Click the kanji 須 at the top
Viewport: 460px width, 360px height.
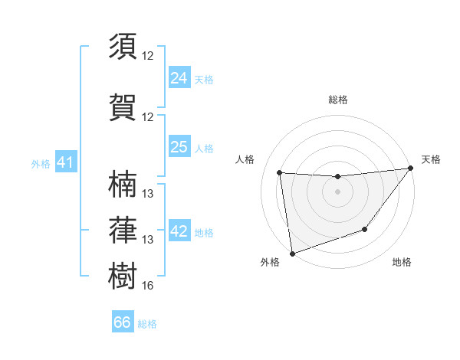point(123,47)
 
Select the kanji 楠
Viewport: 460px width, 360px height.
point(123,184)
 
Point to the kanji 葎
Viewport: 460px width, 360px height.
point(123,229)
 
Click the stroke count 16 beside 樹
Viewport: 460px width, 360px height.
point(148,286)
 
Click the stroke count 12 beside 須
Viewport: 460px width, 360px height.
point(148,56)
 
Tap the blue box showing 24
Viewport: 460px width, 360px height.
point(179,77)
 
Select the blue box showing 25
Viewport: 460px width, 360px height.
point(179,147)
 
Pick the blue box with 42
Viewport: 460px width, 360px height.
point(179,232)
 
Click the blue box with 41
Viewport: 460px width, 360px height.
point(65,162)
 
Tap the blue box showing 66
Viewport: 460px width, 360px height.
point(122,322)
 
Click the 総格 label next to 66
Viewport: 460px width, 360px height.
point(148,324)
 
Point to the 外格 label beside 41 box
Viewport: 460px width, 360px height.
point(41,163)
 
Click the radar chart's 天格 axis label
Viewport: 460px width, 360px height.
point(431,159)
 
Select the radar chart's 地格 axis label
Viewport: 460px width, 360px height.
point(402,263)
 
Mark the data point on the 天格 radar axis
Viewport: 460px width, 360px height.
point(410,168)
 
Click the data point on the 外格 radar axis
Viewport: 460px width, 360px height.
point(292,253)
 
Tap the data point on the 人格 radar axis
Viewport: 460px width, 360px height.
point(280,173)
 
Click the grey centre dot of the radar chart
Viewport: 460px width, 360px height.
point(337,191)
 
